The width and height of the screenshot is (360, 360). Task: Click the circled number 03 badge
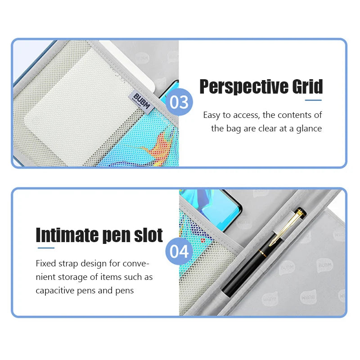[180, 102]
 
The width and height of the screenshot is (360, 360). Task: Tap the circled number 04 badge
[179, 251]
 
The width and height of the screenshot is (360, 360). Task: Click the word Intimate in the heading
[72, 235]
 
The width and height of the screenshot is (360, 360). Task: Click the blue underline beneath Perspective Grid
[313, 100]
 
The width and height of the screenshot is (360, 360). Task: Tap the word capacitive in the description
[57, 290]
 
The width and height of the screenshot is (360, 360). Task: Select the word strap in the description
[70, 263]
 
